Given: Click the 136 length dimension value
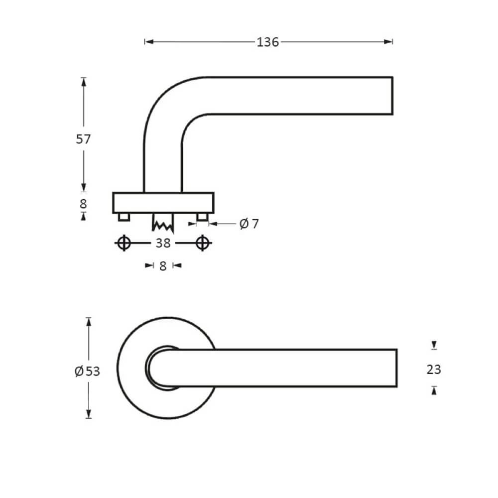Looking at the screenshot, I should coord(267,42).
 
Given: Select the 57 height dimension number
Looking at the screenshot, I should coord(83,139).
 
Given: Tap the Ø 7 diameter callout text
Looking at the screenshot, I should coord(249,224).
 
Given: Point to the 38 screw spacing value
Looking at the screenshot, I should coord(163,243).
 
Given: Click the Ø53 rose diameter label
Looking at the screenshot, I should coord(87,371).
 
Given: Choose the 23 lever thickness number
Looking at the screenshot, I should coord(434,370).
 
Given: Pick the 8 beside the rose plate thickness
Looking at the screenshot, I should coord(83,204).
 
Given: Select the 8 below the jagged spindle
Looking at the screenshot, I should coord(163,266).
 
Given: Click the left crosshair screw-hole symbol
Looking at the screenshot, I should coord(124,243).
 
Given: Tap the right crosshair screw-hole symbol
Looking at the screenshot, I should coord(202,243).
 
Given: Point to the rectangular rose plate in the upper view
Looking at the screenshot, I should coord(163,203).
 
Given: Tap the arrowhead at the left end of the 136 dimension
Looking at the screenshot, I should coord(148,42).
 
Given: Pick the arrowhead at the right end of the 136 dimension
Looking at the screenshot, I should coord(389,42).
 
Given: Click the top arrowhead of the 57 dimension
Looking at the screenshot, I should coord(83,81).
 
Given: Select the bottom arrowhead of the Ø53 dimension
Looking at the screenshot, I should coord(89,414).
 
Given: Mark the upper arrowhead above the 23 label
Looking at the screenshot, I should coord(434,345).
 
